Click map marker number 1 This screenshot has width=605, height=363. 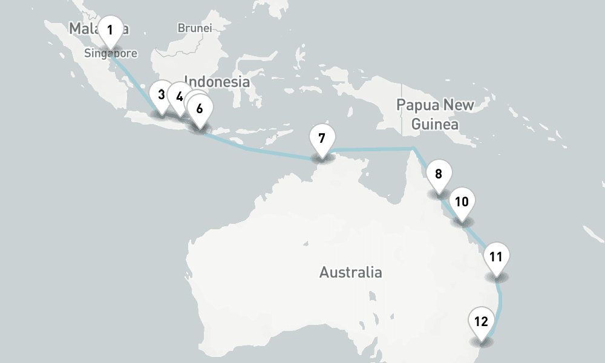coord(110,30)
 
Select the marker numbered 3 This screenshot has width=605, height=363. coord(161,95)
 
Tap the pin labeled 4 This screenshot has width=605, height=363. coord(179,96)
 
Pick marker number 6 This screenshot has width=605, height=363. coord(200,110)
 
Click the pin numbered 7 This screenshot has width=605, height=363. coord(321,139)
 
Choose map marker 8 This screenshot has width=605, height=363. coord(438,175)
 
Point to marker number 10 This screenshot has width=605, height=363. coord(462,202)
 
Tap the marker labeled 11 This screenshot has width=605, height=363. coord(496,257)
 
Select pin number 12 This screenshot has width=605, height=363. coord(482,321)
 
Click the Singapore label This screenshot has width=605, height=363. coord(111,53)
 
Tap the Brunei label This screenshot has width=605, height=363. coord(194,28)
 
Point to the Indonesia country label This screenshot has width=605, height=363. coord(217,81)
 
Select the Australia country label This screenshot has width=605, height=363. coord(350,272)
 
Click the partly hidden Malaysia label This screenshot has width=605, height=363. coord(82,28)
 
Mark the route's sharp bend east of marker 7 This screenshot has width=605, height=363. coord(413,148)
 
